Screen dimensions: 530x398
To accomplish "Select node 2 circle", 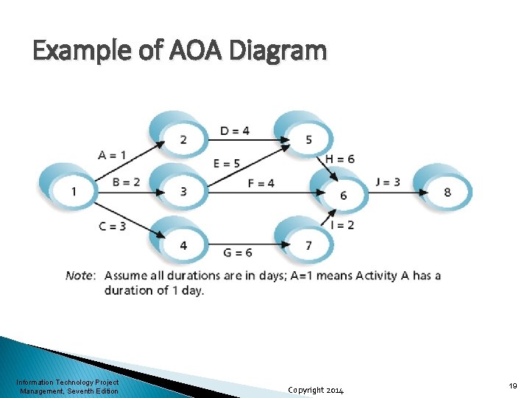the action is pos(183,139).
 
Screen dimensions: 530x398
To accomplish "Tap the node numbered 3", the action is pos(183,192).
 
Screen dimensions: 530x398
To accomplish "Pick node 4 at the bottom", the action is pos(183,245).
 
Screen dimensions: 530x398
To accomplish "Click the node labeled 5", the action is pos(308,139).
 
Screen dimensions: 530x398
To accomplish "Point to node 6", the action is pos(342,195).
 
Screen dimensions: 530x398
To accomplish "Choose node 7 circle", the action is pos(308,245).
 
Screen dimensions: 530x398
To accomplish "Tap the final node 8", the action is pos(447,192).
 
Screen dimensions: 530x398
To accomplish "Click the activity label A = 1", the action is pos(112,155).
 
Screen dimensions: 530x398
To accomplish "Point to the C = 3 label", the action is pos(112,226).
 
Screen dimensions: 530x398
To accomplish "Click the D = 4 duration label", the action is pos(235,131).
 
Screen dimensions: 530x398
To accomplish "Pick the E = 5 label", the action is pos(227,163).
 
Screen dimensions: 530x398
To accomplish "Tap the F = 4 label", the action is pos(261,183).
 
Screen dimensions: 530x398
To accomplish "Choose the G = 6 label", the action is pos(237,252).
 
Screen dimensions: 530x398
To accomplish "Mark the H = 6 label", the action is pos(339,159).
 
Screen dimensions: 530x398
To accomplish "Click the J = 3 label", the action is pos(388,181).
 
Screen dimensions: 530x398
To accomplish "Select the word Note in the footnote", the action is pos(79,276).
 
